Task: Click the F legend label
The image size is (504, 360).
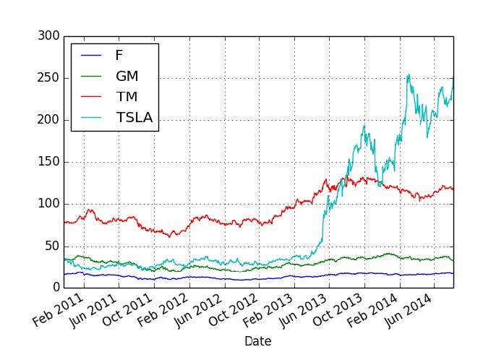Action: coord(119,55)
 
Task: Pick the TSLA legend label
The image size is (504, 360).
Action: coord(134,117)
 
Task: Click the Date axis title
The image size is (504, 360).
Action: coord(258,340)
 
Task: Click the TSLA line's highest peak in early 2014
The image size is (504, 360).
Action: coord(409,74)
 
